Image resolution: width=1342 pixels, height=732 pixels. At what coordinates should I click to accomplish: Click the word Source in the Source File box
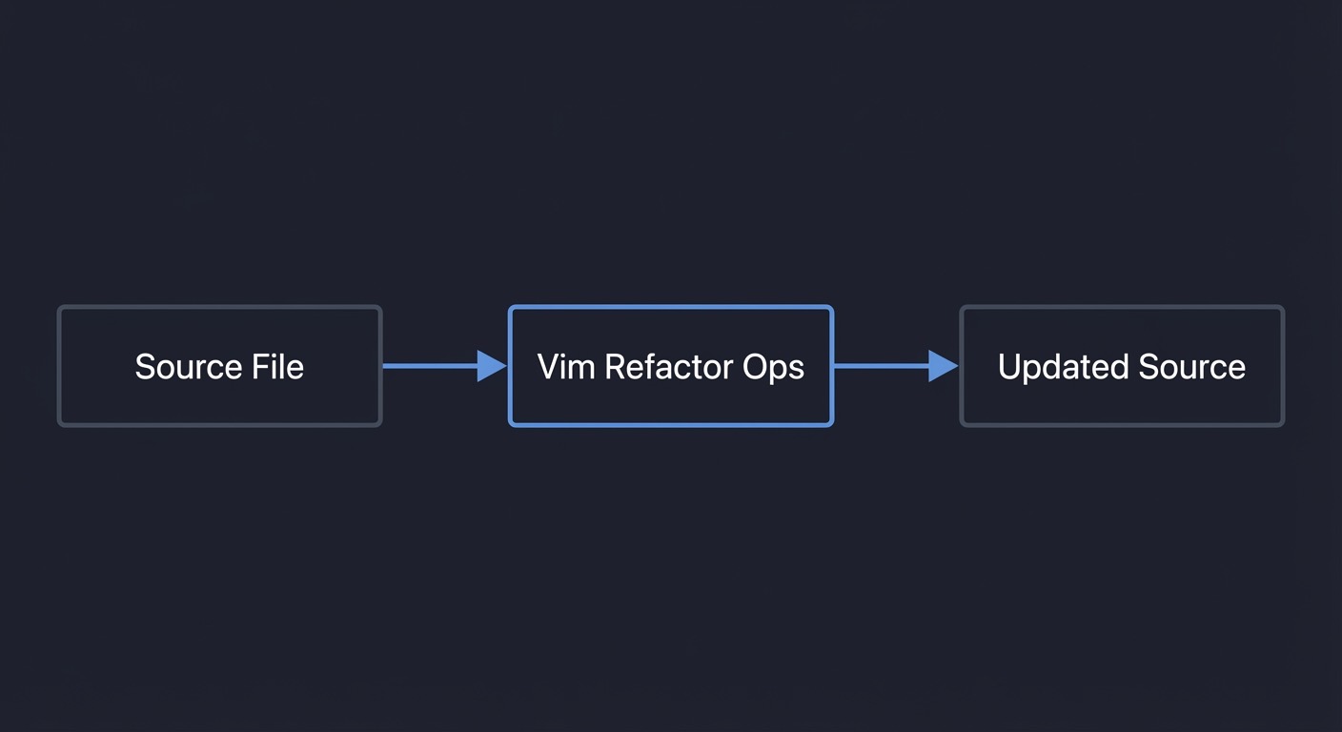(x=189, y=367)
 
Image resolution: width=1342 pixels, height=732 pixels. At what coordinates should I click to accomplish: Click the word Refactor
(x=667, y=367)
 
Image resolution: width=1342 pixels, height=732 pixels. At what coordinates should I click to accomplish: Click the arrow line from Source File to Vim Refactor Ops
(x=429, y=365)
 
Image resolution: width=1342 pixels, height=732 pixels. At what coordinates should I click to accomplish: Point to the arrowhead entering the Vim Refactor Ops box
(x=492, y=365)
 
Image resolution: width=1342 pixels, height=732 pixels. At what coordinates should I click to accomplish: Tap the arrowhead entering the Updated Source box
(x=943, y=365)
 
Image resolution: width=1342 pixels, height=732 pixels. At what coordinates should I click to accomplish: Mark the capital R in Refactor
(x=615, y=367)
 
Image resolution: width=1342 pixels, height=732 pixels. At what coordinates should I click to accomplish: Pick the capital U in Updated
(x=1009, y=367)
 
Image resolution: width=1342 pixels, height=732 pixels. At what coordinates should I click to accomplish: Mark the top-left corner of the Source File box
(x=60, y=308)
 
